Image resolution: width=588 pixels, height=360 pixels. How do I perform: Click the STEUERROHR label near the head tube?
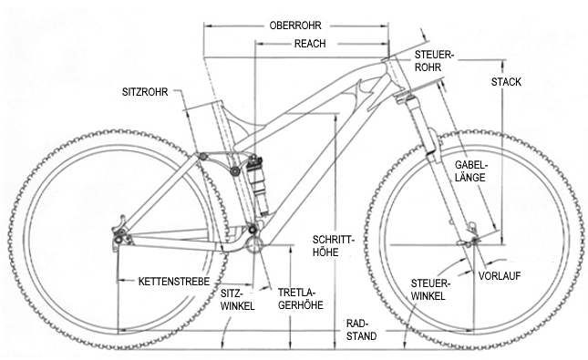434,60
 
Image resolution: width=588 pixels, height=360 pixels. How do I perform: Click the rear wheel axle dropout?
119,240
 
